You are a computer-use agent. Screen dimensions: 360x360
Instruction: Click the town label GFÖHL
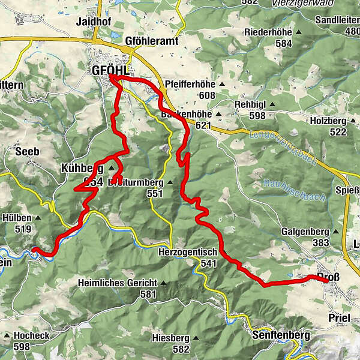click(111, 71)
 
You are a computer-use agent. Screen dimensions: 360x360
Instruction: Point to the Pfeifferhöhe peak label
click(188, 85)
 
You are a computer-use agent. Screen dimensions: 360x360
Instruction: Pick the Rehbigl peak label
click(250, 105)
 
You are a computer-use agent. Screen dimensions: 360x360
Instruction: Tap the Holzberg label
click(326, 121)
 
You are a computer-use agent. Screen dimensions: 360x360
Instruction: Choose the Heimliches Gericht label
click(117, 283)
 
